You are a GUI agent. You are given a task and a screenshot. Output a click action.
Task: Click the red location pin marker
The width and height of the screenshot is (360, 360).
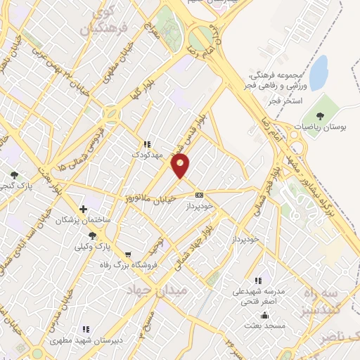pyautogui.click(x=181, y=166)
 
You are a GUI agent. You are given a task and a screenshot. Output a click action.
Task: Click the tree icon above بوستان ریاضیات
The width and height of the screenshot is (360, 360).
pyautogui.click(x=321, y=115)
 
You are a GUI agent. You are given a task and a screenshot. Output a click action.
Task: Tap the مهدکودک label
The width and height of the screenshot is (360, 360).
pyautogui.click(x=148, y=153)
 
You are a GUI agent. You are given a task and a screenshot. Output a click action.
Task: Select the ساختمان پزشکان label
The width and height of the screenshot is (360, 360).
pyautogui.click(x=84, y=220)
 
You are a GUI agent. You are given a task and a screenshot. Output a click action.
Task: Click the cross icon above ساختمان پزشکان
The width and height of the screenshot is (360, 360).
pyautogui.click(x=84, y=209)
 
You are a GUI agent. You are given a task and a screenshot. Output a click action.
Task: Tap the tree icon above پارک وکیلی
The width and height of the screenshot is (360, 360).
pyautogui.click(x=93, y=236)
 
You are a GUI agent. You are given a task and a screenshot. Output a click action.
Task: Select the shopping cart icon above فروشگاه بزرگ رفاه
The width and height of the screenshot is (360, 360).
pyautogui.click(x=127, y=255)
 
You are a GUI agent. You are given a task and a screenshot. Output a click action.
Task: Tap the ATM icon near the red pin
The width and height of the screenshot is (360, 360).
pyautogui.click(x=200, y=194)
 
